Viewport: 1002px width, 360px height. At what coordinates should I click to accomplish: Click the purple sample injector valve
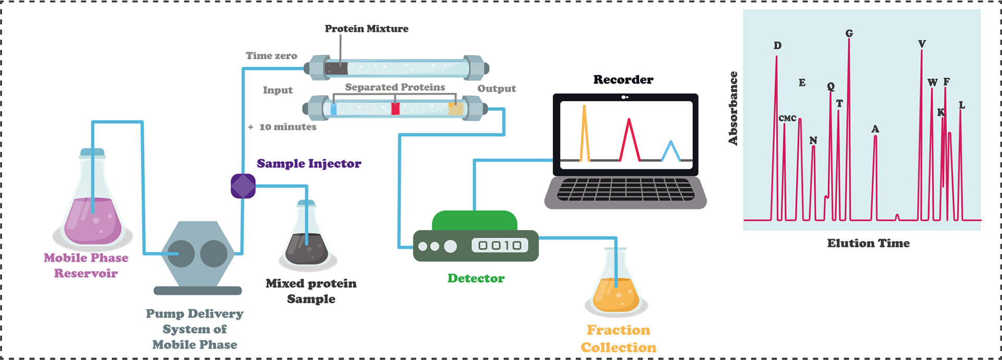[243, 186]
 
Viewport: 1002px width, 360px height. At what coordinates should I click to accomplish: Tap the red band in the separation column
[395, 109]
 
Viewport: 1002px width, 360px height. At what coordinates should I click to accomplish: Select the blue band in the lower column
[333, 109]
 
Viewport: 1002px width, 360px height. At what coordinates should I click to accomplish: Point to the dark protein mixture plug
[336, 68]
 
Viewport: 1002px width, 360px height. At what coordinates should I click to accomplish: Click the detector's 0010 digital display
[499, 245]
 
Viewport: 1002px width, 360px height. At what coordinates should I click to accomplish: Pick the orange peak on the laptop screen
[584, 136]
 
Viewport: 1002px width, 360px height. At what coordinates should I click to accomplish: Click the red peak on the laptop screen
[629, 141]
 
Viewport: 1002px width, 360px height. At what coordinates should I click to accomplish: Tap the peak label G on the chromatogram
[849, 33]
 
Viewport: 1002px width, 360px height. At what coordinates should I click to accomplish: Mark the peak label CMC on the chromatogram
[788, 118]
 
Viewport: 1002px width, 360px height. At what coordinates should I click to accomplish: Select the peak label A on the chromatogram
[875, 129]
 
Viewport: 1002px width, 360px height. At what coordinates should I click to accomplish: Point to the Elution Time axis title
[868, 243]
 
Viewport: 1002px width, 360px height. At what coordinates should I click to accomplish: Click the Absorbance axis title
[733, 108]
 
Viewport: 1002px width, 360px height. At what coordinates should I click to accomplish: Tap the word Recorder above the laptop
[623, 80]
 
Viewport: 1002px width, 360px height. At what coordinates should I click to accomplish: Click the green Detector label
[476, 278]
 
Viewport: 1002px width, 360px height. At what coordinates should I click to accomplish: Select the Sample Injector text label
[309, 163]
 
